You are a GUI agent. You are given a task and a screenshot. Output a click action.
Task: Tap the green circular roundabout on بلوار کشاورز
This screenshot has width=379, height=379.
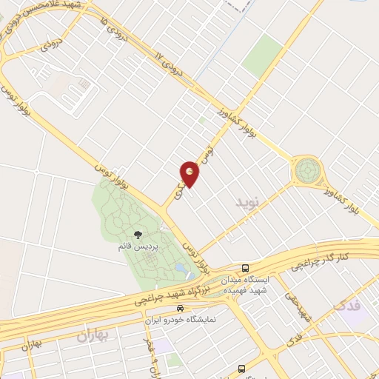305,171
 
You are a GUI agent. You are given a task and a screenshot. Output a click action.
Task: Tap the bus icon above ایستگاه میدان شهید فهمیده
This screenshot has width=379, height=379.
245,268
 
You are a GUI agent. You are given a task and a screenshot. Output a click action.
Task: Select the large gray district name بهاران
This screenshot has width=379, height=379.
93,335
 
